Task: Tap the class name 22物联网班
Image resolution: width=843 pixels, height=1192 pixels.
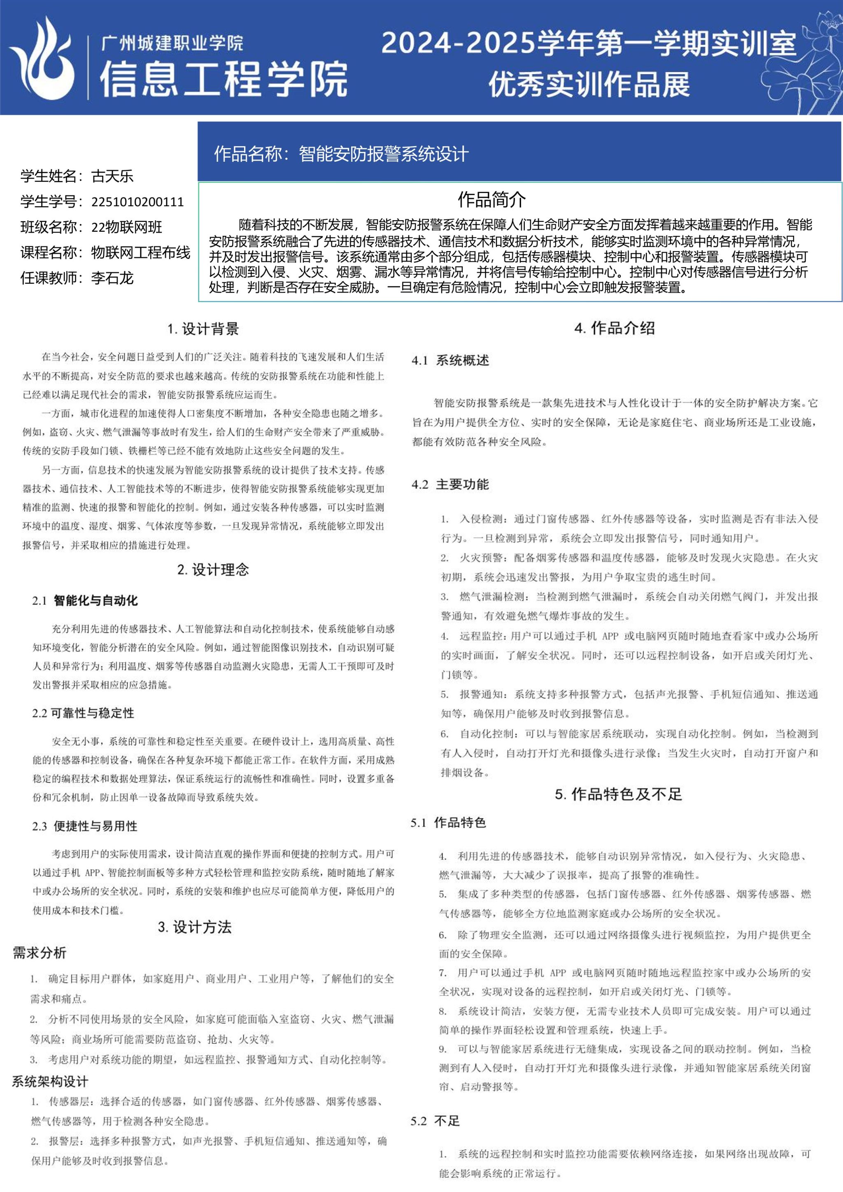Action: [x=127, y=227]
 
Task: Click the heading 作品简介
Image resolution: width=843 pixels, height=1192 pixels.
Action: [x=491, y=199]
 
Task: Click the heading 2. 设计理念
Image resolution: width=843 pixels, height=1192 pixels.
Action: [x=213, y=570]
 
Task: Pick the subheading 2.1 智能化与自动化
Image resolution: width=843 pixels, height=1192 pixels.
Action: [x=85, y=601]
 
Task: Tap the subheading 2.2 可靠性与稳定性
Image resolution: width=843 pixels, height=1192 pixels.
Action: [x=83, y=713]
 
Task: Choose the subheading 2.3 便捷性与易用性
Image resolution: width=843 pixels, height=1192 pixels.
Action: [x=85, y=826]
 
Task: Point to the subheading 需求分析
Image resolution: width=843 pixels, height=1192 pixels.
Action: [x=40, y=953]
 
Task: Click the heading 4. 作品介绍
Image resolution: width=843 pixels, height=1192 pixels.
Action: [x=615, y=328]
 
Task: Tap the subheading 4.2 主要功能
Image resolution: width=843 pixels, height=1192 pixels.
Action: [x=450, y=484]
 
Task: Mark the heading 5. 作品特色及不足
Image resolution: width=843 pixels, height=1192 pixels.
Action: [x=618, y=794]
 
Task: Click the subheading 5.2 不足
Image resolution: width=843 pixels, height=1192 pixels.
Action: [x=435, y=1121]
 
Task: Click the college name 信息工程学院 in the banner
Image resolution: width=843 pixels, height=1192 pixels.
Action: [x=223, y=79]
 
